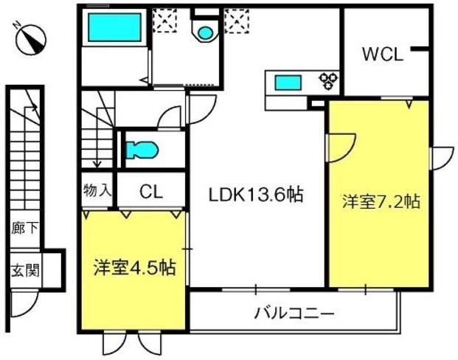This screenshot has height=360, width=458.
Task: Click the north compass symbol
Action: pyautogui.click(x=31, y=40)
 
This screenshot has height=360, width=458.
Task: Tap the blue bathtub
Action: pyautogui.click(x=114, y=27)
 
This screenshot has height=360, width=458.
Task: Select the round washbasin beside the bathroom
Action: pyautogui.click(x=205, y=32)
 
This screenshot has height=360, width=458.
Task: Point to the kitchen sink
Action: pyautogui.click(x=288, y=83)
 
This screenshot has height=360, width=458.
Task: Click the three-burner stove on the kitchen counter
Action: pyautogui.click(x=329, y=80)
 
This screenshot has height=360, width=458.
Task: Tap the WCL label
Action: pyautogui.click(x=382, y=55)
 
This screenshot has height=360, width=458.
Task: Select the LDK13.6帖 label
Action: pyautogui.click(x=256, y=195)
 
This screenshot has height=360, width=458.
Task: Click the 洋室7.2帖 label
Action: pyautogui.click(x=381, y=201)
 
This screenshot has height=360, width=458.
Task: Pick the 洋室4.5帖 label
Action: pyautogui.click(x=135, y=267)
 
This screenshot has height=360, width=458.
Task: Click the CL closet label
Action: pyautogui.click(x=150, y=192)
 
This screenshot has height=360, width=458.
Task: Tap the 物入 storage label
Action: pyautogui.click(x=97, y=190)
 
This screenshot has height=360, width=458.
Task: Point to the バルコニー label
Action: pyautogui.click(x=294, y=314)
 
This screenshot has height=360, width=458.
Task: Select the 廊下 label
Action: pyautogui.click(x=25, y=228)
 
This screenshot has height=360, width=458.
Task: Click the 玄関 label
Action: pyautogui.click(x=25, y=270)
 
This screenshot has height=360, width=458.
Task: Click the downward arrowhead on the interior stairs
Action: pyautogui.click(x=97, y=165)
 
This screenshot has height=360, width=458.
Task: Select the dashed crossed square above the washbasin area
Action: pyautogui.click(x=164, y=20)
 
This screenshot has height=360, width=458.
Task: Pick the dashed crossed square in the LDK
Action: pyautogui.click(x=237, y=21)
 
